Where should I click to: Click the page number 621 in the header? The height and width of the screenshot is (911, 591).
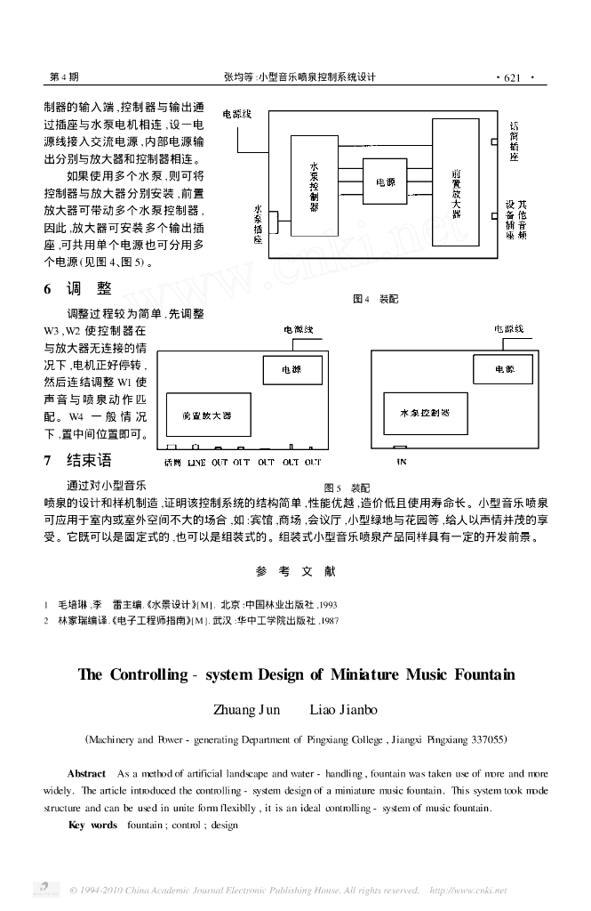pyautogui.click(x=511, y=77)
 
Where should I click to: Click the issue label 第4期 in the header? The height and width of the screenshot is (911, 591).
pyautogui.click(x=63, y=77)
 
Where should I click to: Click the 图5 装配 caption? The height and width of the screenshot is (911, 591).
pyautogui.click(x=347, y=488)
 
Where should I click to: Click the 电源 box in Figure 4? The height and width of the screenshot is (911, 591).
pyautogui.click(x=385, y=182)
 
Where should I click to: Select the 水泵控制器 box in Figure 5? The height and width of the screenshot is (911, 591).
pyautogui.click(x=425, y=414)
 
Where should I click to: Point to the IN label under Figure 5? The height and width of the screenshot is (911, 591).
pyautogui.click(x=402, y=463)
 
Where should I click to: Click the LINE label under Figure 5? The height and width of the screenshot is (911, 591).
pyautogui.click(x=196, y=463)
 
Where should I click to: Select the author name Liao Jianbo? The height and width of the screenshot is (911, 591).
pyautogui.click(x=343, y=710)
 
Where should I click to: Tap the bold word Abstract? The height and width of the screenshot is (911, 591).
pyautogui.click(x=86, y=775)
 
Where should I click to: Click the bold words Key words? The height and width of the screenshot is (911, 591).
pyautogui.click(x=92, y=825)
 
